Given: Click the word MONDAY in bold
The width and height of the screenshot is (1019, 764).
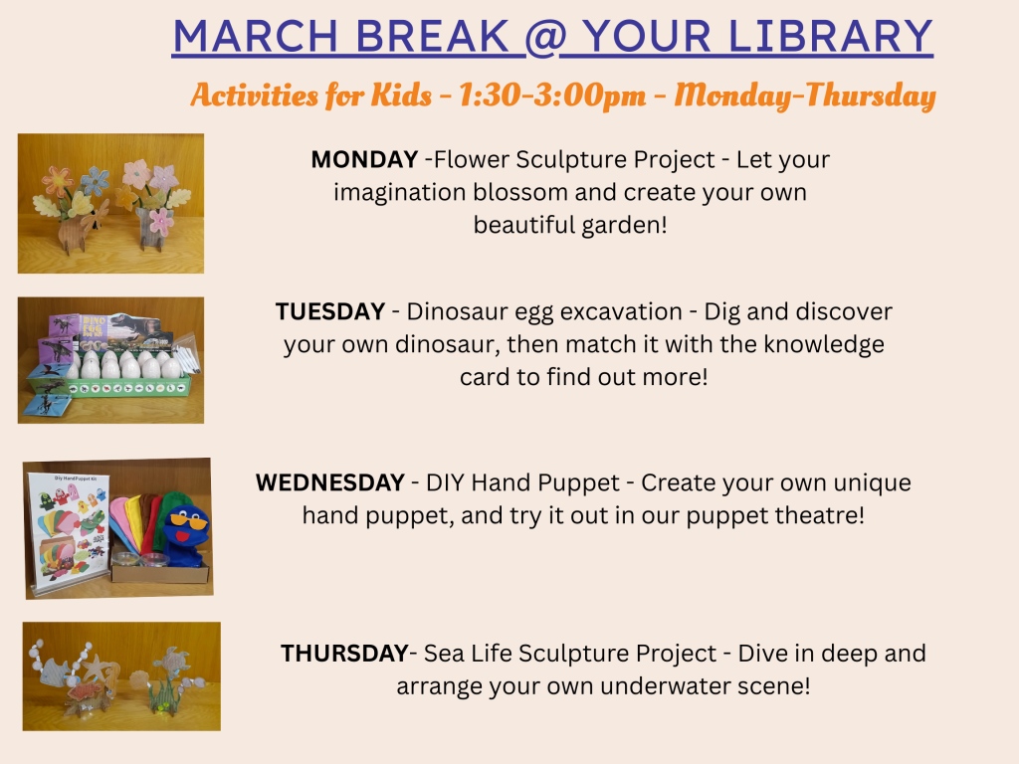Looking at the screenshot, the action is [364, 159].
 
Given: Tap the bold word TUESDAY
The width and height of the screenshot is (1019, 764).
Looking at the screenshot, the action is [330, 311].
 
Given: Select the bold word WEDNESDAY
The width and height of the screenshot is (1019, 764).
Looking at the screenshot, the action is [330, 482].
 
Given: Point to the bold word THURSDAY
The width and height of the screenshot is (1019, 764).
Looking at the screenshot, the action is [344, 653].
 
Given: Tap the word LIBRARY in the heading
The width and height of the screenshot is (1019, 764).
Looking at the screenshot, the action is [831, 37].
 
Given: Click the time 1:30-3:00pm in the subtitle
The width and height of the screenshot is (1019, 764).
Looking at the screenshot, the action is [552, 95].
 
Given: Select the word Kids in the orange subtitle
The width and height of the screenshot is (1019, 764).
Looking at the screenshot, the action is [401, 95].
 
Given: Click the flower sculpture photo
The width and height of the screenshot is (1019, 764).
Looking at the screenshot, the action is [110, 203].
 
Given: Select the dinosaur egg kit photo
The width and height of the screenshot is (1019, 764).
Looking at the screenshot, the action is [110, 360].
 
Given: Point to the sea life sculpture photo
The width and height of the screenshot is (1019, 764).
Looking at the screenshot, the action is [121, 676].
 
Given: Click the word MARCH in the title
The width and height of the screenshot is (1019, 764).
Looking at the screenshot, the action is [256, 37].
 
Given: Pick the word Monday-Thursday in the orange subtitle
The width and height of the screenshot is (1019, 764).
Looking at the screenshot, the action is [804, 95].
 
